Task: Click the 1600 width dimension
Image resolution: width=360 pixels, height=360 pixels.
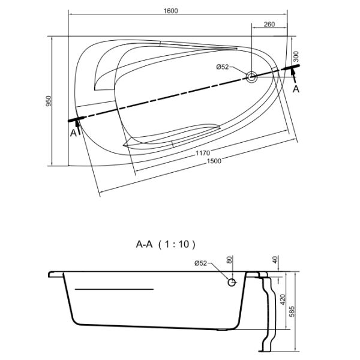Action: coord(171,11)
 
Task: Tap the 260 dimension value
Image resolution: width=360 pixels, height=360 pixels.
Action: coord(269,24)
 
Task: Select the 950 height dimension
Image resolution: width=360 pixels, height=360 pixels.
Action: coord(49,101)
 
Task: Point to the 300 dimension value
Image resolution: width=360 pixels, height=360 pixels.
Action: coord(296,56)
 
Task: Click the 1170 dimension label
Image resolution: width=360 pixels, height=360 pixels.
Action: coord(203,153)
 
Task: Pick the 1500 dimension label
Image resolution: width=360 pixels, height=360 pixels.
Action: coord(214,161)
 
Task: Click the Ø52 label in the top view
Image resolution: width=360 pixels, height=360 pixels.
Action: coord(223,67)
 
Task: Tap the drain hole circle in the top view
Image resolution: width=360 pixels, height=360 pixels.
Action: coord(251,77)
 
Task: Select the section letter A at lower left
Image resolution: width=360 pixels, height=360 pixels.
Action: coord(73,133)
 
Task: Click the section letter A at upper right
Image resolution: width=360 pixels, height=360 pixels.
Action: coord(296,89)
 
